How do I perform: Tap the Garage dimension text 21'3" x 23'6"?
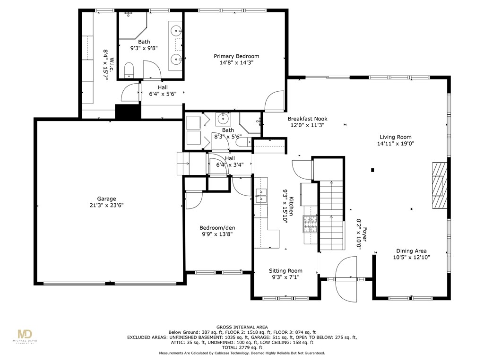tap(107, 206)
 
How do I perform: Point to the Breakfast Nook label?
tap(307, 119)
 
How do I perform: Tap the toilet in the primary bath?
tap(130, 71)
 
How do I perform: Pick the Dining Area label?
tap(411, 251)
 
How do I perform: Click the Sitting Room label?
tap(285, 271)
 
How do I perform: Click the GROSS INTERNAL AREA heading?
tap(242, 327)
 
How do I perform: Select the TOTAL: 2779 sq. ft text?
tap(242, 348)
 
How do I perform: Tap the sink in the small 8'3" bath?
tap(222, 118)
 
